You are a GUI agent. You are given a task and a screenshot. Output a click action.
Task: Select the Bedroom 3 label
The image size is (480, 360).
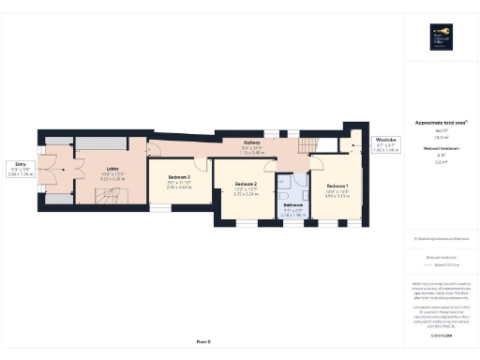click(x=179, y=177)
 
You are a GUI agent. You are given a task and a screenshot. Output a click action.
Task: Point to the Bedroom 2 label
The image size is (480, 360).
click(x=246, y=183)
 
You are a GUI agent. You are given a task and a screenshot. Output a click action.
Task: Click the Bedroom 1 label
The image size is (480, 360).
click(x=337, y=188)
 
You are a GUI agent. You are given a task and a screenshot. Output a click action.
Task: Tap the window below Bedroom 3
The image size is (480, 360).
click(x=160, y=209)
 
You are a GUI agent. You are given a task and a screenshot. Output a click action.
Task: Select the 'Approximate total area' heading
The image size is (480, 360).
click(x=440, y=123)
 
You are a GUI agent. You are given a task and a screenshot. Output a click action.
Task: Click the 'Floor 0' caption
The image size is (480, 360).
click(x=203, y=342)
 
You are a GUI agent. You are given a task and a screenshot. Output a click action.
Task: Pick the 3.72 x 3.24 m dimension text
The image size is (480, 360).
click(x=246, y=193)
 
